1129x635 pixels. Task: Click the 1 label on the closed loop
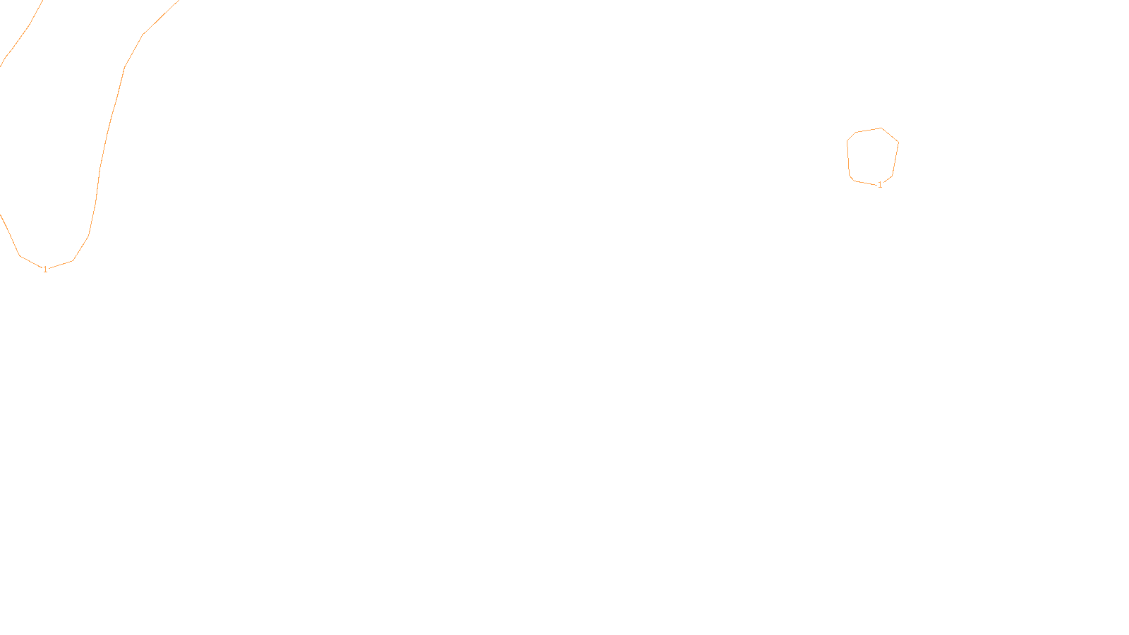pyautogui.click(x=880, y=185)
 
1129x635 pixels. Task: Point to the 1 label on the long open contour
pyautogui.click(x=45, y=269)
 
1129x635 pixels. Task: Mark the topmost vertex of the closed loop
pyautogui.click(x=881, y=128)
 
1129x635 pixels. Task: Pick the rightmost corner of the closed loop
pyautogui.click(x=898, y=142)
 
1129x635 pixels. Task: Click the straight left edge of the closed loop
pyautogui.click(x=848, y=159)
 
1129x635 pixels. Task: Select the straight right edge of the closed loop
pyautogui.click(x=895, y=159)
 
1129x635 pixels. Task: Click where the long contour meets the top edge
pyautogui.click(x=179, y=1)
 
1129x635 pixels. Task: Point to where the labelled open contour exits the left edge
pyautogui.click(x=1, y=215)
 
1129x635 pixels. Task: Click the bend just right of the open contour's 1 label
pyautogui.click(x=73, y=260)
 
